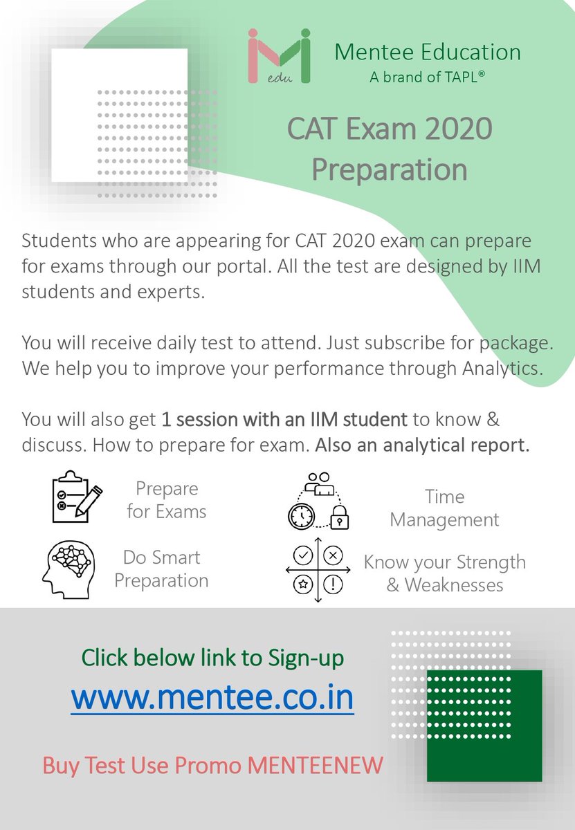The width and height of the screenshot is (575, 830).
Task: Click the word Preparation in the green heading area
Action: (x=389, y=169)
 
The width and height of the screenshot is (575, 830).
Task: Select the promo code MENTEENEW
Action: (x=316, y=766)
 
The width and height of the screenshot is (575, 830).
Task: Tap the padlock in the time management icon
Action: (x=339, y=517)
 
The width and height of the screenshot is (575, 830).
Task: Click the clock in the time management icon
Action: (x=301, y=515)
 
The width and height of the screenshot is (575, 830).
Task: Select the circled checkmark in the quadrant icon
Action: (x=302, y=554)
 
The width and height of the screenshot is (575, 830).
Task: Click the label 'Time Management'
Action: (x=444, y=508)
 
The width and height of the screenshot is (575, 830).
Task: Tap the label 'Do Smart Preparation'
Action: (x=161, y=569)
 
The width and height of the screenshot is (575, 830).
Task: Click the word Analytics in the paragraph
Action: (x=500, y=368)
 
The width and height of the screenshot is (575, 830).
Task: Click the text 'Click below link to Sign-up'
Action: (x=212, y=658)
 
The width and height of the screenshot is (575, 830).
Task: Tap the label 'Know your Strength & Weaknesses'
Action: (x=444, y=573)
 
